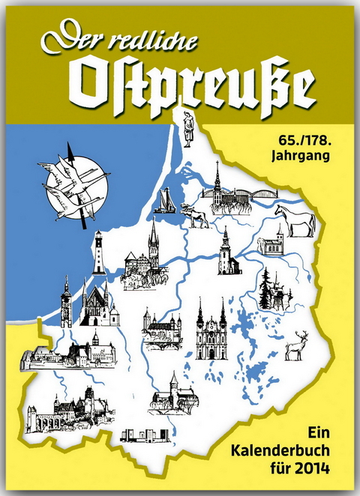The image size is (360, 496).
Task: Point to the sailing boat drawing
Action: tap(165, 200)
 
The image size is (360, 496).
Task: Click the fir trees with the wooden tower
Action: tap(271, 291)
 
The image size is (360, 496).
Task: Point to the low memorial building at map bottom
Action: tap(143, 435)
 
